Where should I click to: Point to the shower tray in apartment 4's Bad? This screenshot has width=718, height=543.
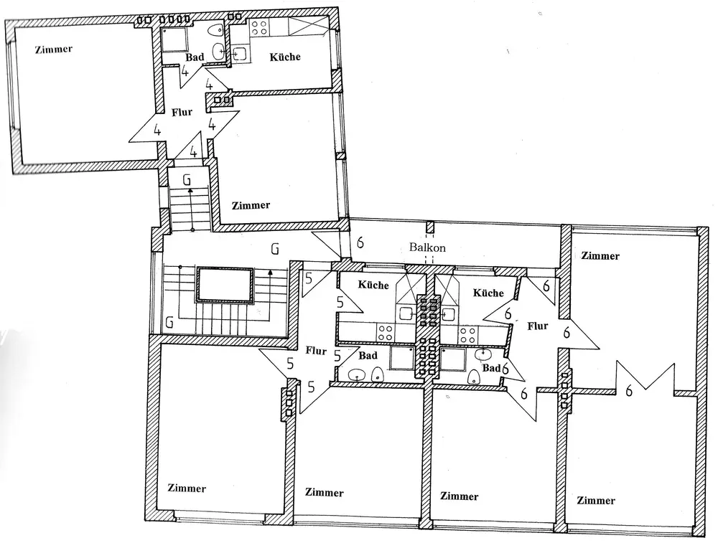click(173, 35)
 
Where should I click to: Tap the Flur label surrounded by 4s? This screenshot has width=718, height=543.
click(182, 112)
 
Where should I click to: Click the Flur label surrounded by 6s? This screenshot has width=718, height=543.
click(538, 326)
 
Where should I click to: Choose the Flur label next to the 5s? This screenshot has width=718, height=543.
click(316, 351)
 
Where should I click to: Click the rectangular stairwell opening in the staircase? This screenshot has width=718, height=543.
click(225, 285)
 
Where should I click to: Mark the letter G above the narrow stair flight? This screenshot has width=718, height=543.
click(187, 179)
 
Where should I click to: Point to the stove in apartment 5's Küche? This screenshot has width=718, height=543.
click(386, 332)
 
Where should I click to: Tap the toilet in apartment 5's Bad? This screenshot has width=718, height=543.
click(377, 374)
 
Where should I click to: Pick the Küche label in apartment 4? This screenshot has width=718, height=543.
click(285, 57)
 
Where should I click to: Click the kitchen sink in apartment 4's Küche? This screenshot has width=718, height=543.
click(239, 54)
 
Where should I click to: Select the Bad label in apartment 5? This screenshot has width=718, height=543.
click(368, 355)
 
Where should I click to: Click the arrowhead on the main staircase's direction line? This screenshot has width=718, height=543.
click(270, 271)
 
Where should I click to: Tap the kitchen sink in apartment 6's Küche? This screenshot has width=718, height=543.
click(449, 313)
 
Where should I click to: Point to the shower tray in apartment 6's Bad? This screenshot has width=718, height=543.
click(452, 358)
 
